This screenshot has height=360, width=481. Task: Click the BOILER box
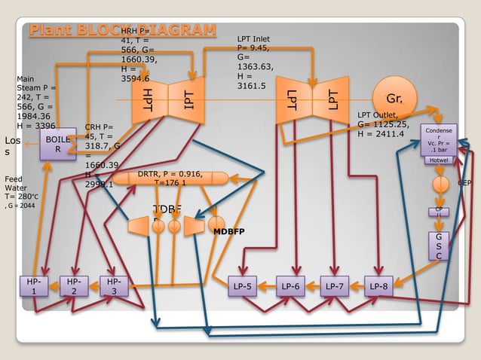point(57,144)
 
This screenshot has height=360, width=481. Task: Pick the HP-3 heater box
point(114,287)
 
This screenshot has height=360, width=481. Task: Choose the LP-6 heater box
point(291,286)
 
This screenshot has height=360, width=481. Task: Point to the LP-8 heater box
point(379,286)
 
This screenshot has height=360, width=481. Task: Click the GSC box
point(440,246)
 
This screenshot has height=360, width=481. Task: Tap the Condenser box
point(439,139)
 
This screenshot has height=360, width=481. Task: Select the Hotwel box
point(439,160)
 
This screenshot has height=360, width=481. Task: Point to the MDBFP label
point(231,231)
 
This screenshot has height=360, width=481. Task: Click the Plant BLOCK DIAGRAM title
point(122,30)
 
